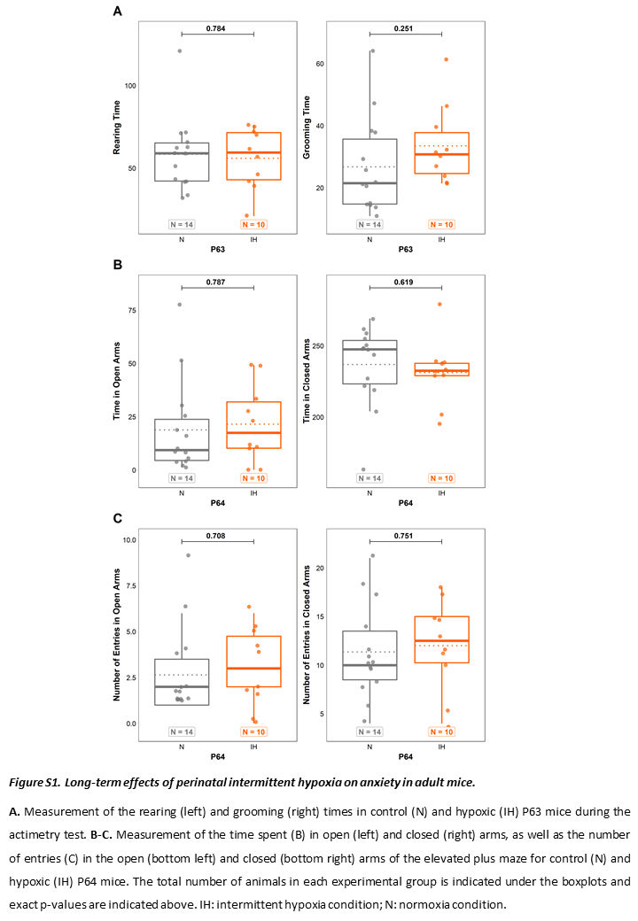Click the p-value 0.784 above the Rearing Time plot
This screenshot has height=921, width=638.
pyautogui.click(x=215, y=28)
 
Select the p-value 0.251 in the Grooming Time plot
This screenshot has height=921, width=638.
pyautogui.click(x=403, y=28)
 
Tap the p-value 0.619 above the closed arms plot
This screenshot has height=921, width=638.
pyautogui.click(x=403, y=282)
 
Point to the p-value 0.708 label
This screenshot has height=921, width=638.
pyautogui.click(x=215, y=536)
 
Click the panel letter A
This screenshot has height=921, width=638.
pyautogui.click(x=118, y=12)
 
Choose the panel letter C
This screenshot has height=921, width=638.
pyautogui.click(x=118, y=518)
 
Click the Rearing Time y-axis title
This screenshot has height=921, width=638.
pyautogui.click(x=116, y=128)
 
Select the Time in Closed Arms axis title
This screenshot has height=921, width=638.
pyautogui.click(x=306, y=381)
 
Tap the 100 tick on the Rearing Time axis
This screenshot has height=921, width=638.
pyautogui.click(x=130, y=86)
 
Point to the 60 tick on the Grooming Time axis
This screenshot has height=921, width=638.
pyautogui.click(x=320, y=64)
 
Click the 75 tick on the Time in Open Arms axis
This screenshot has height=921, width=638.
pyautogui.click(x=132, y=310)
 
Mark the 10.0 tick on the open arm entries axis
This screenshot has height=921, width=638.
pyautogui.click(x=129, y=540)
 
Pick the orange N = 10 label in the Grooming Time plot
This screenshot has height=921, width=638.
pyautogui.click(x=442, y=224)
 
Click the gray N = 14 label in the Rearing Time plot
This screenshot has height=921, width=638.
pyautogui.click(x=182, y=224)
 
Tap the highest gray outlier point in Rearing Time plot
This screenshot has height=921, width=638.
pyautogui.click(x=180, y=51)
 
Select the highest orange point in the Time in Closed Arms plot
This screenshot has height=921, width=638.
pyautogui.click(x=440, y=305)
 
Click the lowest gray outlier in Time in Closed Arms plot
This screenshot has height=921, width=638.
pyautogui.click(x=363, y=469)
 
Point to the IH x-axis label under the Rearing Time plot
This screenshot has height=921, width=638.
pyautogui.click(x=253, y=240)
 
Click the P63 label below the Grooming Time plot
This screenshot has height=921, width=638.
pyautogui.click(x=405, y=249)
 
